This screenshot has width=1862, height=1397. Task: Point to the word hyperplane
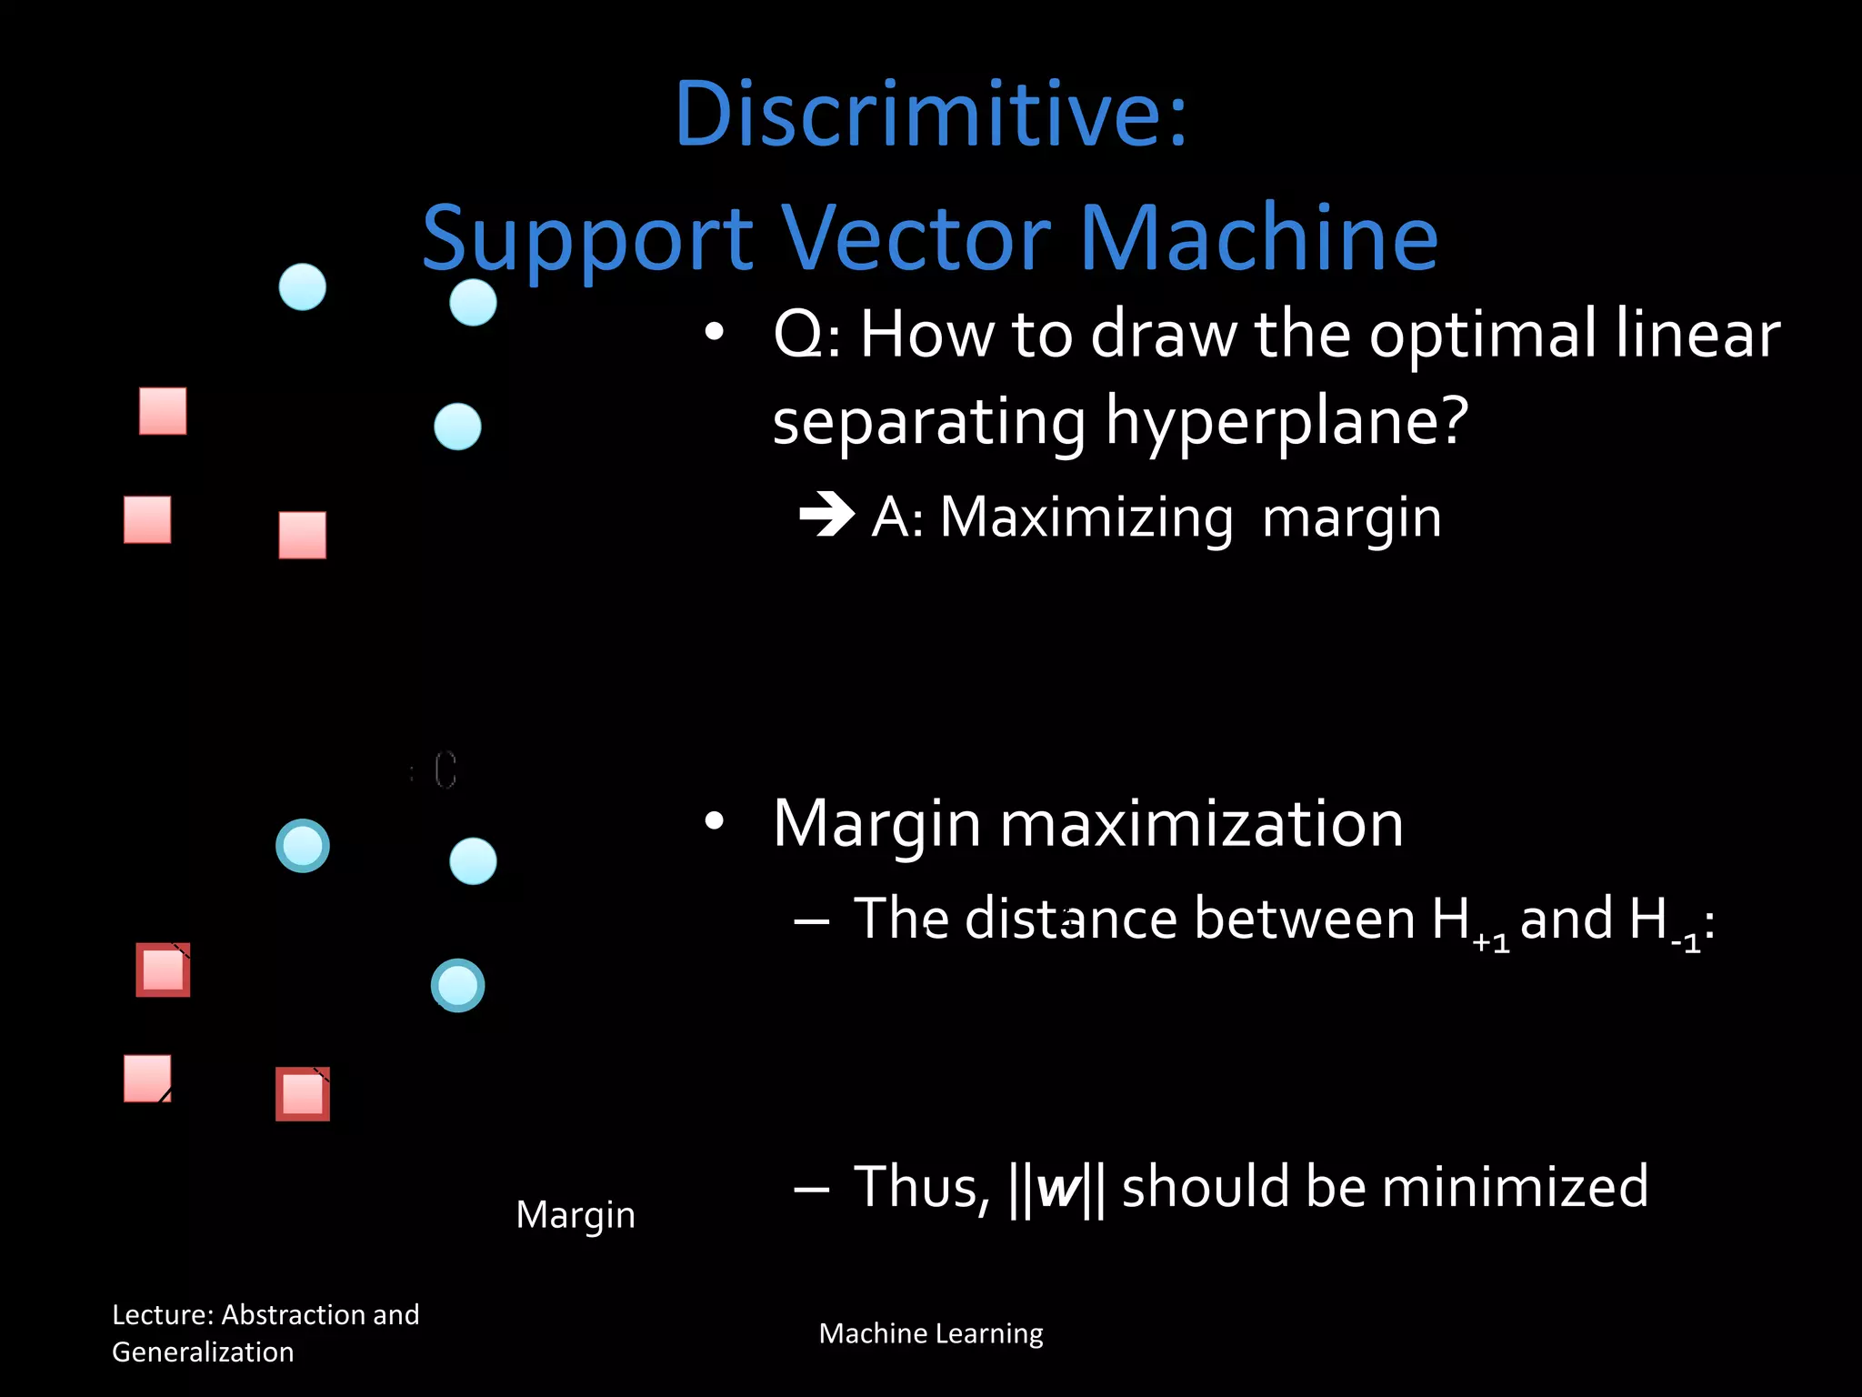click(x=1286, y=422)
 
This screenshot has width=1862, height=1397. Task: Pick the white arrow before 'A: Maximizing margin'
click(x=826, y=515)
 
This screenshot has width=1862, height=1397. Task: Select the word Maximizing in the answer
click(x=1086, y=518)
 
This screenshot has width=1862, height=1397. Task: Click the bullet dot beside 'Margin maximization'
click(x=715, y=821)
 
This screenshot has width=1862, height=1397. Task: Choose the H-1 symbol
click(x=1664, y=921)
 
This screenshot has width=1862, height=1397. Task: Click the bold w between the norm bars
click(x=1057, y=1187)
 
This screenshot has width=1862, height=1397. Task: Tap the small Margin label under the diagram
click(x=576, y=1215)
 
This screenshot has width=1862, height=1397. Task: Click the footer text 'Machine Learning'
click(x=930, y=1333)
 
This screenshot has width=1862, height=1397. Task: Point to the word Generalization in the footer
click(x=203, y=1352)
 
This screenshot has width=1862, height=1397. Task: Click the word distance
click(x=1072, y=918)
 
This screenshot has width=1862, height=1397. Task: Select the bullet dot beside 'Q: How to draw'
click(x=715, y=333)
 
